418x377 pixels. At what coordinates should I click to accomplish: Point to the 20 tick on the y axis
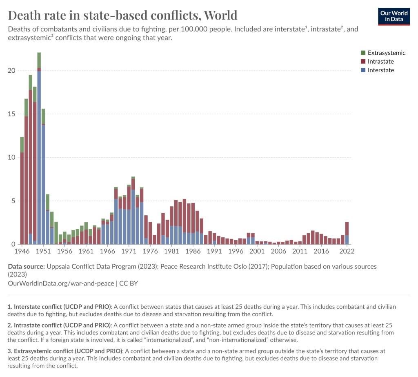[11, 71]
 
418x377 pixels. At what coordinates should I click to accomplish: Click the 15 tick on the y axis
[11, 114]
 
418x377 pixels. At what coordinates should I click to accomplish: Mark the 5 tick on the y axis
[13, 201]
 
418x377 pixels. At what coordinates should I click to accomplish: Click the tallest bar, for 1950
[39, 155]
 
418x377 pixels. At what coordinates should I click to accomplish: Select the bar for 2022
[347, 234]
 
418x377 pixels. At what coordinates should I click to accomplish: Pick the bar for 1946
[22, 196]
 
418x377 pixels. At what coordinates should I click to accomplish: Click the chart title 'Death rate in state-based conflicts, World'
[122, 15]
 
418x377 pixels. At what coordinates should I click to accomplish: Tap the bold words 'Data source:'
[26, 266]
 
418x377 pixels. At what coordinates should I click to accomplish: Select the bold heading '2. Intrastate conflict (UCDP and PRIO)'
[59, 325]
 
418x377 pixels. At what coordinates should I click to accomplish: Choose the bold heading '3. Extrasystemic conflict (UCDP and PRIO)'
[65, 351]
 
